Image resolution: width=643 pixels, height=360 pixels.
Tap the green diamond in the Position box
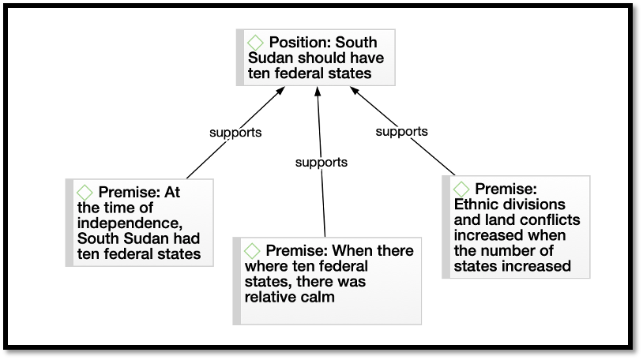pyautogui.click(x=255, y=43)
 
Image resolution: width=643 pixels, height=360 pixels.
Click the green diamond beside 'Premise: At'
pyautogui.click(x=85, y=193)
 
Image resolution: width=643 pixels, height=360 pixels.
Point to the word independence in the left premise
pyautogui.click(x=130, y=223)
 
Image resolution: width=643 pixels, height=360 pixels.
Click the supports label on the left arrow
pyautogui.click(x=235, y=133)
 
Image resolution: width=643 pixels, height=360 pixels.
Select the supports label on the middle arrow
pyautogui.click(x=321, y=163)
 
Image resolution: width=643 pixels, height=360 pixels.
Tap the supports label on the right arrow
pyautogui.click(x=401, y=132)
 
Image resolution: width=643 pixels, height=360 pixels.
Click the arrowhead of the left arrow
pyautogui.click(x=280, y=91)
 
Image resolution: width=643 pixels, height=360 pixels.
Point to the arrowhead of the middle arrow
pyautogui.click(x=318, y=91)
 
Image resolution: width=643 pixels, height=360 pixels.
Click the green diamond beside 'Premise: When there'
pyautogui.click(x=252, y=250)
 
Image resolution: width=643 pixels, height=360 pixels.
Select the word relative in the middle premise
pyautogui.click(x=271, y=297)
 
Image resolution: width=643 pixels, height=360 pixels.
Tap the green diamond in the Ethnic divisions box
pyautogui.click(x=461, y=189)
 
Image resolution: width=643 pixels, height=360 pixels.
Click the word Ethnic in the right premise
pyautogui.click(x=477, y=204)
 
